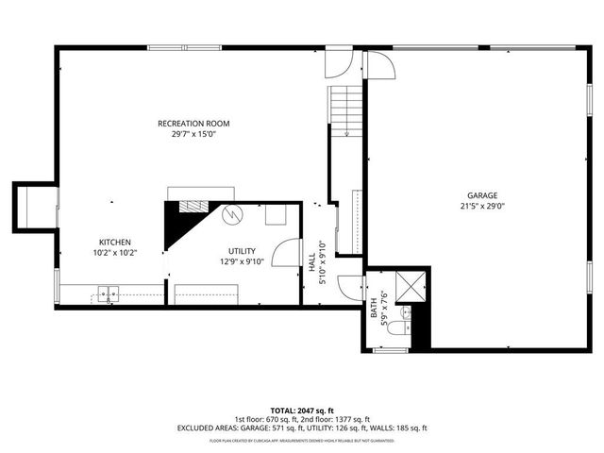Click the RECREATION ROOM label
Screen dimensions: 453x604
click(x=193, y=124)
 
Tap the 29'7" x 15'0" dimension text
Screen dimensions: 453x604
click(x=193, y=134)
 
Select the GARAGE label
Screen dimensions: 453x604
click(x=482, y=195)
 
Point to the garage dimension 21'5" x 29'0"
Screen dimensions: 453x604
click(x=482, y=206)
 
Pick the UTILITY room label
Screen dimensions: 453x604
click(x=241, y=251)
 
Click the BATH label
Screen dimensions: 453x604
click(x=374, y=307)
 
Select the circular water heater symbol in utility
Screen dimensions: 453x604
click(x=232, y=215)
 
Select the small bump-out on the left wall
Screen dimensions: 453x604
click(x=34, y=207)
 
